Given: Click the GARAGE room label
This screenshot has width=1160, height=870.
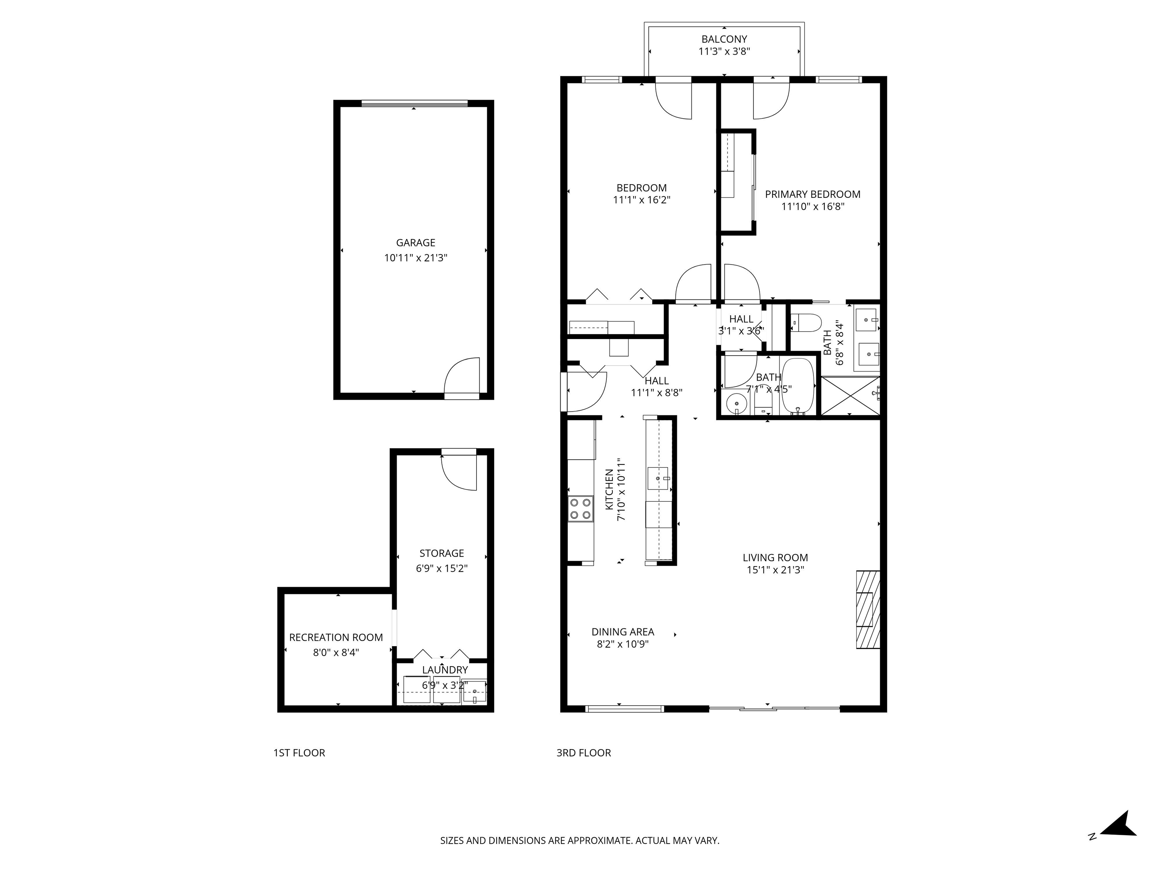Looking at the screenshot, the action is pos(415,243).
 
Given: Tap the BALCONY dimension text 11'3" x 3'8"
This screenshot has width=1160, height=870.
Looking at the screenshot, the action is pos(724,51).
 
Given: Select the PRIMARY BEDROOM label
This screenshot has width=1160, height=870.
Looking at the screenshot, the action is pos(812,194).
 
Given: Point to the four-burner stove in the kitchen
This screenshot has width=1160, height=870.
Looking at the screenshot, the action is pos(580,509).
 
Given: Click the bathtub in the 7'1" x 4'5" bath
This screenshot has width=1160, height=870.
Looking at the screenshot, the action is pos(797,387).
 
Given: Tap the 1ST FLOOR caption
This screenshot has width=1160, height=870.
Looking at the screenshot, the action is pos(299,753).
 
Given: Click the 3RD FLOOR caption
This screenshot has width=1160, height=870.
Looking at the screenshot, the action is pos(584,753).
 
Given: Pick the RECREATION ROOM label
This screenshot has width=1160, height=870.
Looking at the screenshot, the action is pos(336,637).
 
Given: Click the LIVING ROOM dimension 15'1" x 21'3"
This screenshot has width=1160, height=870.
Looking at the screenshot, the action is pos(775,570).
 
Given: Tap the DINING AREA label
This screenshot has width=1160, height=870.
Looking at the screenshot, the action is pos(623,631).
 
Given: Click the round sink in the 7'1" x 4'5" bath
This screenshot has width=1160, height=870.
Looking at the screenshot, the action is pos(736,404).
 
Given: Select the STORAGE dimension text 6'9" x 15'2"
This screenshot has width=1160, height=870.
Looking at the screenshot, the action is pos(441,568).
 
